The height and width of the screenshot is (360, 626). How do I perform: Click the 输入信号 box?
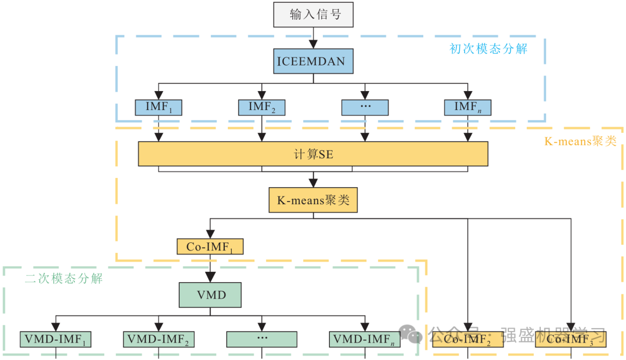pos(314,14)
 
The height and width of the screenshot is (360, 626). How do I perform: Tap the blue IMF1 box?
pos(158,107)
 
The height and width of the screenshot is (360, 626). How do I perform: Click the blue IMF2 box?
pos(261,107)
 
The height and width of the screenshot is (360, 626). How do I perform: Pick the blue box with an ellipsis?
pos(365,107)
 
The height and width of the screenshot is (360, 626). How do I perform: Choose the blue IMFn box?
pos(468,107)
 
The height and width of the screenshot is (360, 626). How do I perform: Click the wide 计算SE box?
pos(313,154)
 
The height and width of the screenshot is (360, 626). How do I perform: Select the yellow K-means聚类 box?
pos(313,201)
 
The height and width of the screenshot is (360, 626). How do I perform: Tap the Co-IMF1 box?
pos(210,247)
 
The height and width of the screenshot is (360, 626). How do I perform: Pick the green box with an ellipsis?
pos(261,339)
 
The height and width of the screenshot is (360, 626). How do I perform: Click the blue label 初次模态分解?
pos(488,49)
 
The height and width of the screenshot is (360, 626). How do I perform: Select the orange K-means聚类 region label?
pos(580,141)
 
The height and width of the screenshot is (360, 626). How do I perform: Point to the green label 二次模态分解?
pos(64,279)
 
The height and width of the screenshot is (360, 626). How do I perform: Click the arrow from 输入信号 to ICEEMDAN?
pos(314,38)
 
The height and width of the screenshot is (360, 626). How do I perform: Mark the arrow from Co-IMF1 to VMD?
pos(210,268)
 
